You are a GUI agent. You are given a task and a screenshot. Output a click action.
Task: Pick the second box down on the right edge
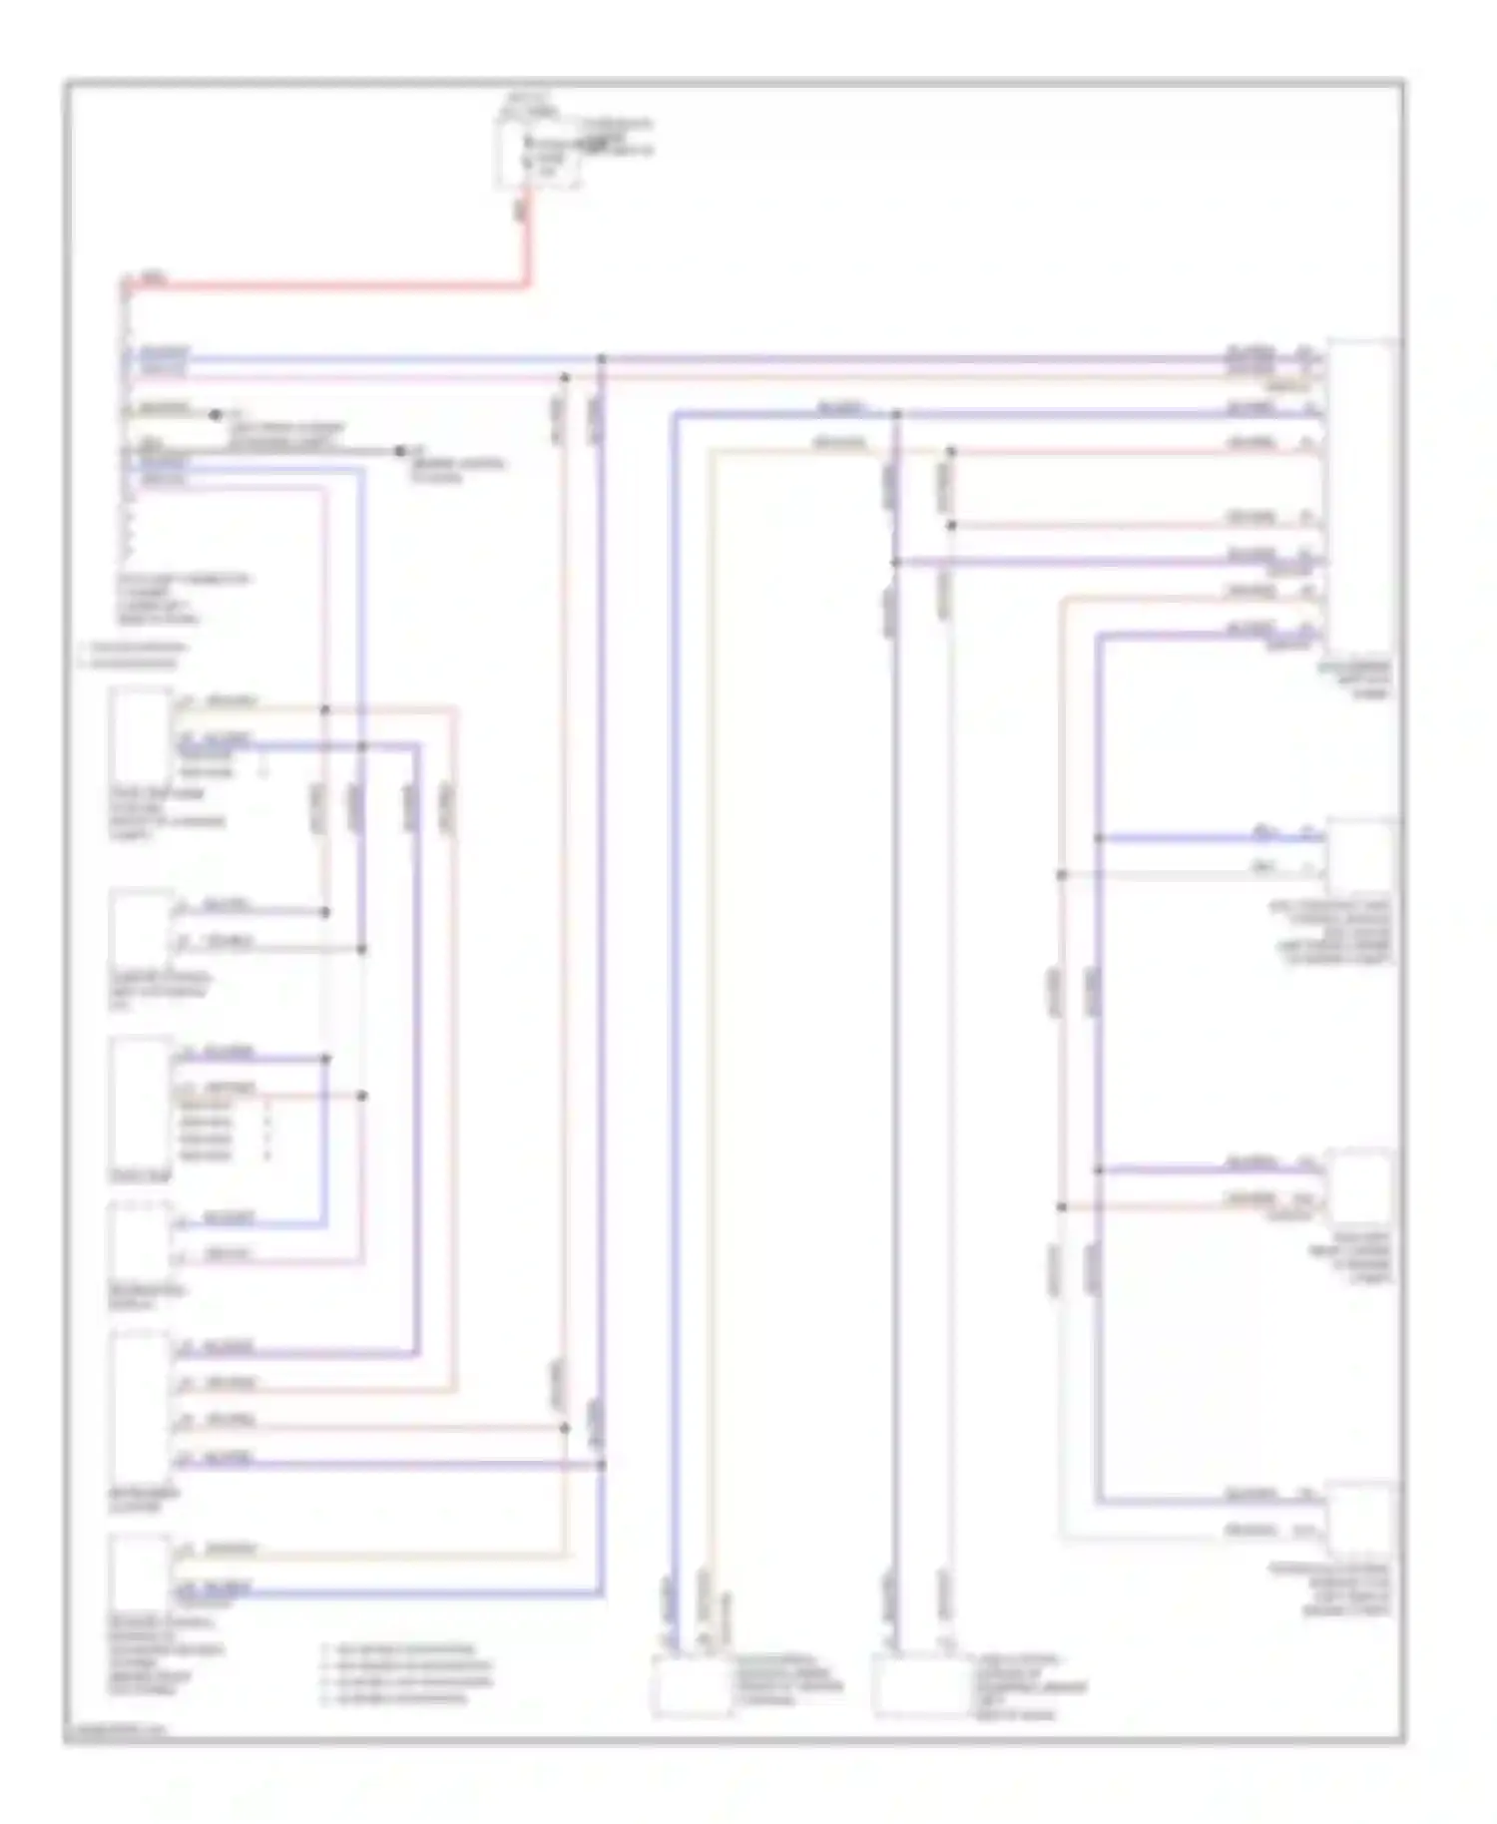1361,856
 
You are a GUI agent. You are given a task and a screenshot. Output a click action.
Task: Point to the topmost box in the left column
142,736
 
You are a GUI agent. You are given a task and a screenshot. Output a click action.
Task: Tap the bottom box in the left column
142,1572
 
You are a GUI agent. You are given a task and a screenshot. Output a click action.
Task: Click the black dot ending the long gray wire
401,451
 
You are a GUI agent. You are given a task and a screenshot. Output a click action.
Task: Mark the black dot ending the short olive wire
215,414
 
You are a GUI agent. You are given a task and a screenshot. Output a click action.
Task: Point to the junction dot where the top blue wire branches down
602,358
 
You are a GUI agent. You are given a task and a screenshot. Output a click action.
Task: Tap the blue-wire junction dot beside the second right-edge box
1098,838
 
